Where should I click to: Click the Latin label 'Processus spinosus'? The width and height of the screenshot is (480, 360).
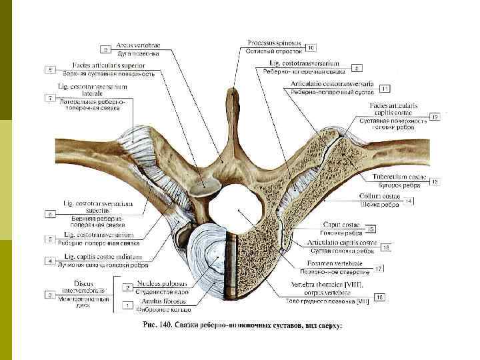click(x=273, y=42)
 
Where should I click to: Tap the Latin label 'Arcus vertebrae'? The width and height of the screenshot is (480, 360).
click(x=138, y=45)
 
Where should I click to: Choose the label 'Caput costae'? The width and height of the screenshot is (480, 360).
click(x=340, y=226)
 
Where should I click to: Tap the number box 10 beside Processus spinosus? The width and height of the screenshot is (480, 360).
click(x=311, y=48)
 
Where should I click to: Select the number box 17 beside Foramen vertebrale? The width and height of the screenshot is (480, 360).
click(x=378, y=269)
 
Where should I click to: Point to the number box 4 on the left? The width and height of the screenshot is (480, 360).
click(x=49, y=259)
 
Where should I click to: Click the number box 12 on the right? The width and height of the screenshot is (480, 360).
click(x=435, y=117)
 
